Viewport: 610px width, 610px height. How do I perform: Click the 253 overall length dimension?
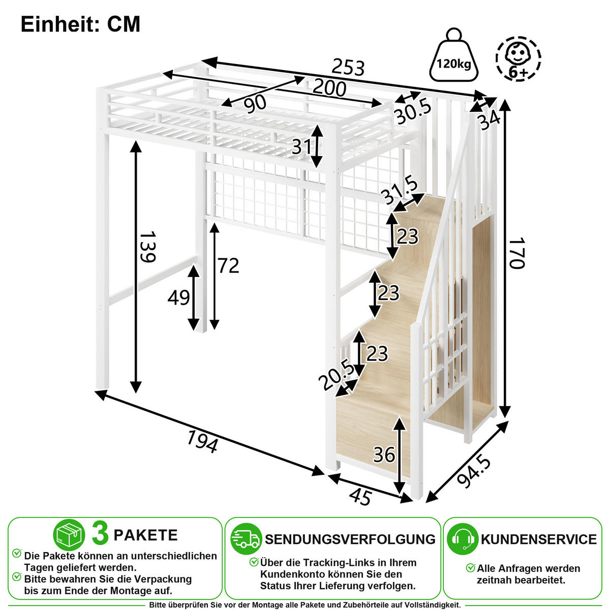click(x=348, y=67)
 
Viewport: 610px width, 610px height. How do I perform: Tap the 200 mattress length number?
click(x=329, y=88)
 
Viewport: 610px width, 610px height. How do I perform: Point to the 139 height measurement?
click(x=147, y=247)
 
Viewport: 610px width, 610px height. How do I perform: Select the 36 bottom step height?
click(x=384, y=455)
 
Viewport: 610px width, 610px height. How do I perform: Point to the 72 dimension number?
click(x=228, y=265)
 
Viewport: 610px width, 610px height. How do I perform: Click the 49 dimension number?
click(x=178, y=297)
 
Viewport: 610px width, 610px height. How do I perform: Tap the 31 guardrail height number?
click(x=301, y=146)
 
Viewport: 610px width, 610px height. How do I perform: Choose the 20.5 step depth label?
click(x=337, y=376)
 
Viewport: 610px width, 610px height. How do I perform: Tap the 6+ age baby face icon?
click(x=518, y=58)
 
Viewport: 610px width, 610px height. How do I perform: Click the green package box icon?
click(x=69, y=535)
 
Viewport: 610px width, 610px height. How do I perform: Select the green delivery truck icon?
click(x=246, y=539)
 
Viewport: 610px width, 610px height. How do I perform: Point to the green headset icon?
click(x=463, y=539)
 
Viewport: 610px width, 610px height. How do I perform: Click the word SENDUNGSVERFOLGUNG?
click(x=350, y=539)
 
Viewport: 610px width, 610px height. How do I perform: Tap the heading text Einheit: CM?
click(x=80, y=24)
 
